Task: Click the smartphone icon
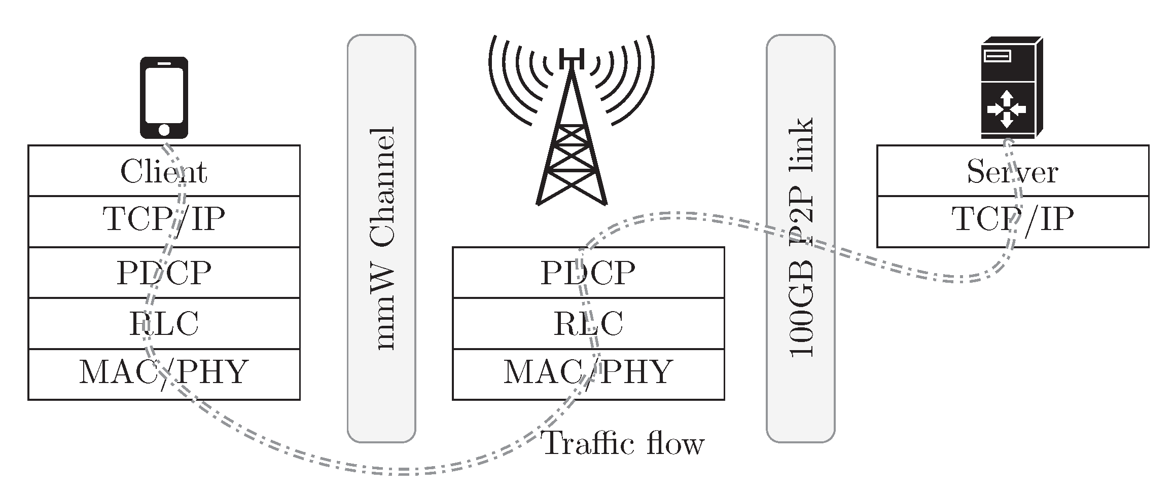(x=164, y=97)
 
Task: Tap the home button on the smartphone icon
(x=164, y=130)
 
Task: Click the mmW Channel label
(x=381, y=238)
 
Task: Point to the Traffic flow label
(x=623, y=444)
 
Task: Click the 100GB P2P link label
(x=801, y=238)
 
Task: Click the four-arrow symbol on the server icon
(x=1007, y=109)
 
